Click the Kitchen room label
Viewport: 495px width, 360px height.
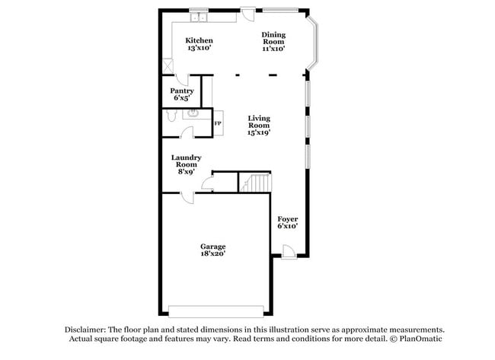coord(200,44)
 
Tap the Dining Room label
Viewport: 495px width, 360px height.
coord(273,41)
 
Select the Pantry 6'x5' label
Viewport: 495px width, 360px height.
coord(181,94)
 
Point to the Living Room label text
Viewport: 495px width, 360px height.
coord(259,125)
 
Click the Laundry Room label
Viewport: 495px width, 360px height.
coord(186,164)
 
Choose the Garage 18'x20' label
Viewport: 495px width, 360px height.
coord(212,250)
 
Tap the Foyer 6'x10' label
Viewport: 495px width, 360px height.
coord(287,222)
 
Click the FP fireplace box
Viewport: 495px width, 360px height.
coord(217,123)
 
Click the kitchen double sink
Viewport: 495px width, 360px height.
coord(200,17)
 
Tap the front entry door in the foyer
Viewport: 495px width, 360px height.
coord(288,251)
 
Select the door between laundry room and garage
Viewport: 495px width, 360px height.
coord(187,196)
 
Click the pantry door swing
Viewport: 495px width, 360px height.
coord(181,79)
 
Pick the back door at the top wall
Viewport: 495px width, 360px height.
coord(248,11)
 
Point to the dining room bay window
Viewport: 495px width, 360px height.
coord(313,44)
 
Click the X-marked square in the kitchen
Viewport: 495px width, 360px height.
coord(168,66)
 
